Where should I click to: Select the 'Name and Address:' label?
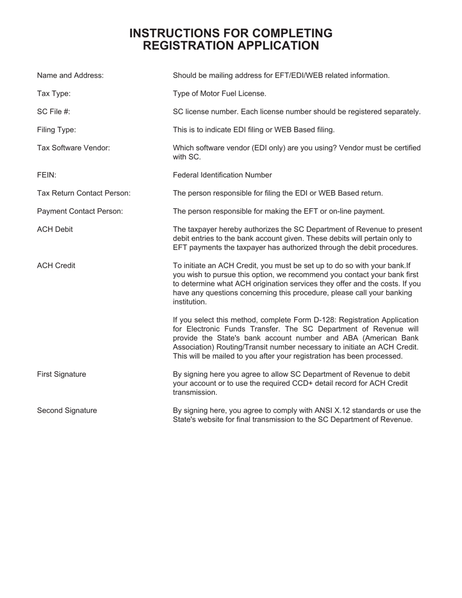tap(70, 75)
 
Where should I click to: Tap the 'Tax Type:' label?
tap(53, 93)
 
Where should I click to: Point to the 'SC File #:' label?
tap(53, 112)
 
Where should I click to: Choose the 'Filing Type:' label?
tap(56, 130)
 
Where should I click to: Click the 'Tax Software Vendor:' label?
tap(73, 148)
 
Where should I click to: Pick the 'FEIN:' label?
tap(47, 175)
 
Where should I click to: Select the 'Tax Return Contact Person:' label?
tap(84, 193)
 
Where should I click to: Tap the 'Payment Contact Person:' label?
tap(80, 211)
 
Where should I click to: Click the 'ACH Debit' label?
tap(55, 229)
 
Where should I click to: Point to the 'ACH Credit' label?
tap(56, 266)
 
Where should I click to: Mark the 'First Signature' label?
tap(61, 374)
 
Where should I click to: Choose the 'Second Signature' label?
tap(67, 411)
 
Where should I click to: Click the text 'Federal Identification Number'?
tap(222, 175)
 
